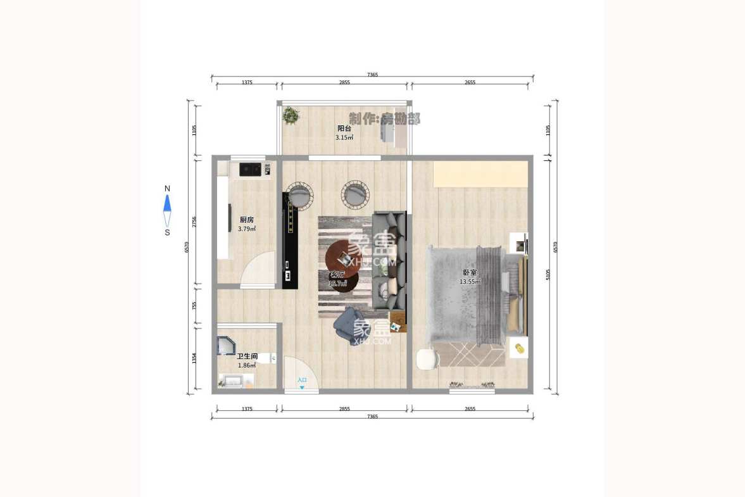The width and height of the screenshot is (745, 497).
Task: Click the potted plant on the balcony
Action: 291,115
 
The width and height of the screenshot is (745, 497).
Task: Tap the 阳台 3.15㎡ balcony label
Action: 344,132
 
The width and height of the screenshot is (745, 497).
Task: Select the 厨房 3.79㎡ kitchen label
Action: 247,224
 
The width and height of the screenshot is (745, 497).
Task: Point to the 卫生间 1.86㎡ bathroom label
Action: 247,361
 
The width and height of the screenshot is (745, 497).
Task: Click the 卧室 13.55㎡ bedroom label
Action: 469,277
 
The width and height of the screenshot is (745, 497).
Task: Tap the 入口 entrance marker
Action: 302,382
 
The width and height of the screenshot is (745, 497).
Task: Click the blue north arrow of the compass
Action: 167,203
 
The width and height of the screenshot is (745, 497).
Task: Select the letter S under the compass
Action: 167,232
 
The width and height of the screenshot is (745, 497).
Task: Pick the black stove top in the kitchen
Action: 250,169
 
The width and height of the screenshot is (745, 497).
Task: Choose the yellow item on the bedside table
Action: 519,348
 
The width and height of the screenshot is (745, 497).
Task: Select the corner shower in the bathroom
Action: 227,346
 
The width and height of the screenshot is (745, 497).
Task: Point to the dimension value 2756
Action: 194,222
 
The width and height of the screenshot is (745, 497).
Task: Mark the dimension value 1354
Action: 194,359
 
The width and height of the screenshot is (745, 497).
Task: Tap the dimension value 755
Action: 194,305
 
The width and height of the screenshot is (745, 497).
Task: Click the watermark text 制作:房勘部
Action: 384,118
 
